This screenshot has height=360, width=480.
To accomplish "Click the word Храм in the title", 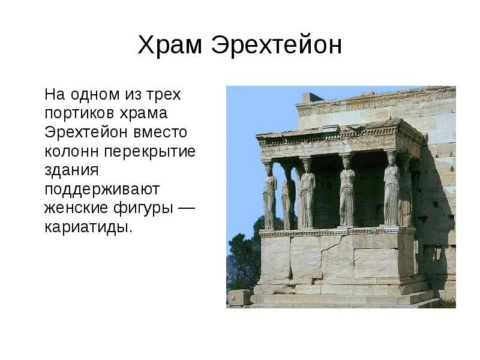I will pos(169,46).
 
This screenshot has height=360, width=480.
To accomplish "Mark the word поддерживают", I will pos(101,190).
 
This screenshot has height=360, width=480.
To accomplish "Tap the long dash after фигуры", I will pos(188,208).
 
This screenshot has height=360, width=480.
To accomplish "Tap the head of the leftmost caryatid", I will pos(269,169).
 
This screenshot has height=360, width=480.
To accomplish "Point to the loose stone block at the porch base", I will pos(239,298).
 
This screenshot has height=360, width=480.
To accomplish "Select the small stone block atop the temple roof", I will pos(311,97).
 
